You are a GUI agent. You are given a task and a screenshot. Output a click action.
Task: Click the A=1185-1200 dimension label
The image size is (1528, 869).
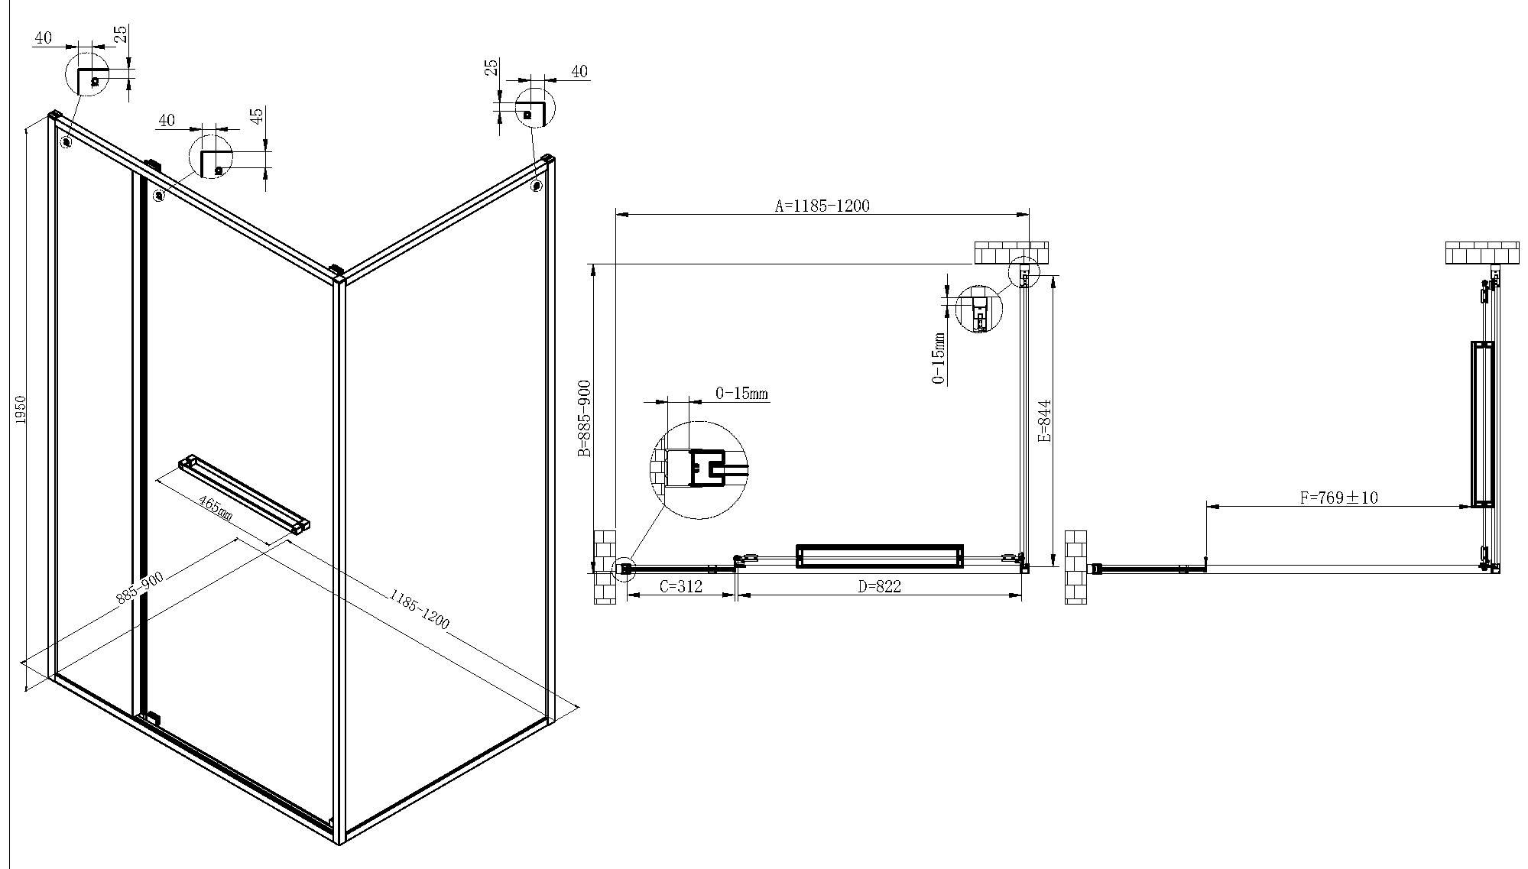(822, 205)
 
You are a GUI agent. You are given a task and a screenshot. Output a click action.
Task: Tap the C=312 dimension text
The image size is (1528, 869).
(680, 586)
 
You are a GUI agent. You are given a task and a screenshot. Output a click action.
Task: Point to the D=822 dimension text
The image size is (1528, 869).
(879, 586)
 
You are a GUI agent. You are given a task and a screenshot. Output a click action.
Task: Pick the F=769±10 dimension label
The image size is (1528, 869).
(1338, 498)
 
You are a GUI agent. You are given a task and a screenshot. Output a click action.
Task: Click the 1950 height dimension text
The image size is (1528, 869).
(21, 410)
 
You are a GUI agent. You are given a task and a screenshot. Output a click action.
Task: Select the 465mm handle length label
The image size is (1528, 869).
(216, 507)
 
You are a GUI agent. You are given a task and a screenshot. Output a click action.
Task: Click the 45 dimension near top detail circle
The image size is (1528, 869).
(258, 116)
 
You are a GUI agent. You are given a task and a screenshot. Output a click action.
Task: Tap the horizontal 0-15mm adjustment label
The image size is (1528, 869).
(741, 394)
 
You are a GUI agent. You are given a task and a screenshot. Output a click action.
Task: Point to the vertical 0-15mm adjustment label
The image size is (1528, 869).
(939, 358)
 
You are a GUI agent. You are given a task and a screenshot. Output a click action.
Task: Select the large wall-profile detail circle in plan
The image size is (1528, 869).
(698, 469)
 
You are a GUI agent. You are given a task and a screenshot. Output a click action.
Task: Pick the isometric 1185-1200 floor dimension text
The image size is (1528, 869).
(419, 608)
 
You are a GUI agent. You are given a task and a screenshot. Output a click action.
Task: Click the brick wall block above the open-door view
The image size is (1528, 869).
(1481, 253)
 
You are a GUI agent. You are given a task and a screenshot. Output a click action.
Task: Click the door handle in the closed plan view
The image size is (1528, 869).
(879, 556)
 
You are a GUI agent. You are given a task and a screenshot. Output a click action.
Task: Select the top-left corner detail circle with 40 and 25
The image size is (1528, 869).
(88, 74)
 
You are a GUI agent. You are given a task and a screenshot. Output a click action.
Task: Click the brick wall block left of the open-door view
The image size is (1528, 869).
(1075, 566)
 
